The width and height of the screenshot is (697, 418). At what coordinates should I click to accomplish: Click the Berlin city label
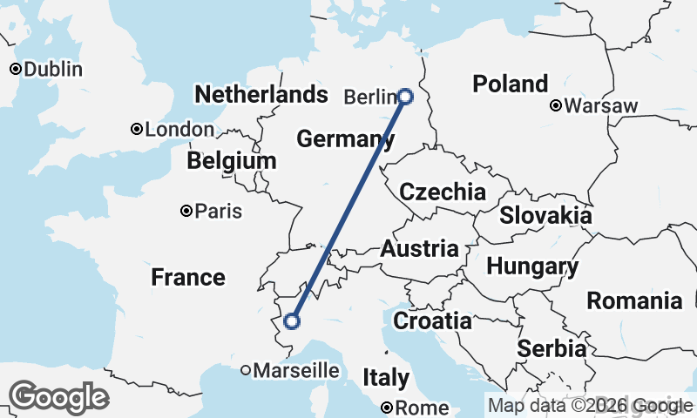370,97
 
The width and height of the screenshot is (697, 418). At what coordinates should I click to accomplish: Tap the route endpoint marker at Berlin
405,97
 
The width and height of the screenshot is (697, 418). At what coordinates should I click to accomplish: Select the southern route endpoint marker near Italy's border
292,321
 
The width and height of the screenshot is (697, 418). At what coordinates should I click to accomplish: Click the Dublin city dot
15,69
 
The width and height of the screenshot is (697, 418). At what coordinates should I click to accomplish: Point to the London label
179,130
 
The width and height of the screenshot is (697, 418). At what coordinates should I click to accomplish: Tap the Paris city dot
186,211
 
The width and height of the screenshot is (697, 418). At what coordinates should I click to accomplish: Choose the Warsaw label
601,106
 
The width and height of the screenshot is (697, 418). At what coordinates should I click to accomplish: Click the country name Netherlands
261,94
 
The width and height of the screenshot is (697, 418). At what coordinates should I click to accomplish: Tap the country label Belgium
231,161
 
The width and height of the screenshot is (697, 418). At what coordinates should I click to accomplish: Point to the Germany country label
339,138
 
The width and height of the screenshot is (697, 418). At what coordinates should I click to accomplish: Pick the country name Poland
510,84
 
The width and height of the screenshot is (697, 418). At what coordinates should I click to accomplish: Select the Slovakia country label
545,215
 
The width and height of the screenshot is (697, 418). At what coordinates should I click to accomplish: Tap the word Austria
419,248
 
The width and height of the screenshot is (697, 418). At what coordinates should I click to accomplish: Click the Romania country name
634,301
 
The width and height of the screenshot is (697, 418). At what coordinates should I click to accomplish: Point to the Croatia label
432,321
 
